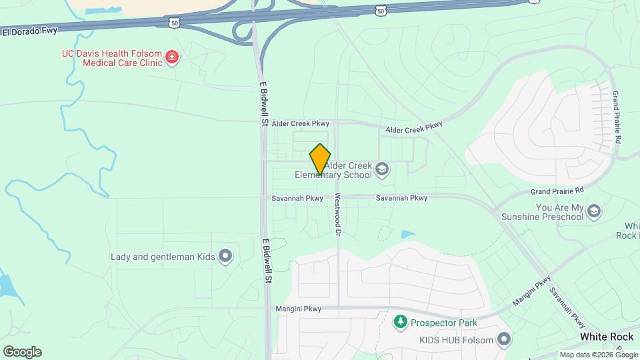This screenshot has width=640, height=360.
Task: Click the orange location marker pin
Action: pos(320,159)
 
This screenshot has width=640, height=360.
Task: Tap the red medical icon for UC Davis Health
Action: pos(173,57)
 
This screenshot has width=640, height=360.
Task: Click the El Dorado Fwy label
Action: pos(29,31)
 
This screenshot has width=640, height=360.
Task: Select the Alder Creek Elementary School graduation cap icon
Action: pos(382,168)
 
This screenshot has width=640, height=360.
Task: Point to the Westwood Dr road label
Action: pos(338,215)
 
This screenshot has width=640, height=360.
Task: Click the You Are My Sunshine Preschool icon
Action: pos(594,211)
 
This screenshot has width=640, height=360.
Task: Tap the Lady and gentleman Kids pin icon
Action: pos(225,255)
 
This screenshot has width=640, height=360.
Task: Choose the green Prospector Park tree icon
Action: pos(400,323)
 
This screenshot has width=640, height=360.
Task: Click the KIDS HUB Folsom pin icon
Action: pos(505,340)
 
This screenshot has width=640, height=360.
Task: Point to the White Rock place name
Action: pos(606,337)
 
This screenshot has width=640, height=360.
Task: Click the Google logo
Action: pos(22,352)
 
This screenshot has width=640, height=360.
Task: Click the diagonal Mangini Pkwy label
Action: pos(532,291)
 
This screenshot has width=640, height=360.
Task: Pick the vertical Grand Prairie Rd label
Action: pos(617,117)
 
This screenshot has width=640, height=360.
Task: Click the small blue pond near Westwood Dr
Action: pos(407,234)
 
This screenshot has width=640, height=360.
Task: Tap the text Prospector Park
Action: pos(443,323)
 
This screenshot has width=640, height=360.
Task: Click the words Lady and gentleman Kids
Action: pos(163,256)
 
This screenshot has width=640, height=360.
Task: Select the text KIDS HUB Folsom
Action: pos(456,340)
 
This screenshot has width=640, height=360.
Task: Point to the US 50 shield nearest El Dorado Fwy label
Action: pos(174,23)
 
